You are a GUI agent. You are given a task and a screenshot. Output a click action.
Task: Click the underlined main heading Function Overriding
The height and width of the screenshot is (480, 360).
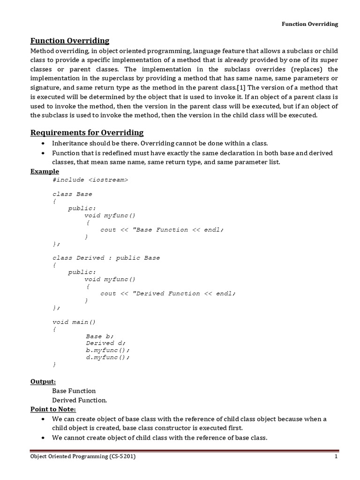[70, 41]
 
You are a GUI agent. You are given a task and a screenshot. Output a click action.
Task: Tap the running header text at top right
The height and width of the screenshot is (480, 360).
[309, 24]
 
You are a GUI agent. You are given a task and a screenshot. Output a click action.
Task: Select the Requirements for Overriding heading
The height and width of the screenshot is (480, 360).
[87, 133]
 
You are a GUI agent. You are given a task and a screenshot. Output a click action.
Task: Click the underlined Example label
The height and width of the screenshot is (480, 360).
[45, 171]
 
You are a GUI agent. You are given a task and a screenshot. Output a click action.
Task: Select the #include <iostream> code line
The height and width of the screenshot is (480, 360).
[90, 180]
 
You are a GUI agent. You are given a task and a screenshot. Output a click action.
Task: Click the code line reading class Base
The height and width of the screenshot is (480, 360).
[72, 194]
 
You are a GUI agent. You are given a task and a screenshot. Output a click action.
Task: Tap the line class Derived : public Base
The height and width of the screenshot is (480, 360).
[106, 258]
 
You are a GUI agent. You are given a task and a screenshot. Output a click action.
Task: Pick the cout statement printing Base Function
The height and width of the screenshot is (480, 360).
[162, 230]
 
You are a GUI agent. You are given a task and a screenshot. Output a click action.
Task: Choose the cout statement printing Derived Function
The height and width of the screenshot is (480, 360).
[168, 293]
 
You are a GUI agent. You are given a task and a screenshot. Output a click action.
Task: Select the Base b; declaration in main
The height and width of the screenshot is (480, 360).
[99, 336]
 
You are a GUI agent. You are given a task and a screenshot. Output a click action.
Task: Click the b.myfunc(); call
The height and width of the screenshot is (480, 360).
[107, 350]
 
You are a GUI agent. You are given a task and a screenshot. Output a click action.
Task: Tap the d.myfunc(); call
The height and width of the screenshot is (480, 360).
[107, 357]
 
